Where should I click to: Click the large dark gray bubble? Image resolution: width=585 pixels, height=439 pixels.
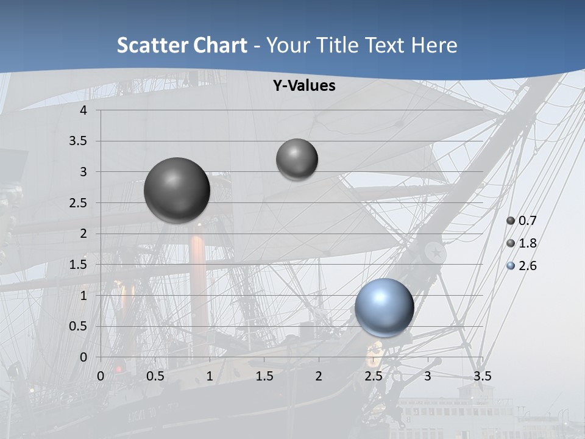coord(177,190)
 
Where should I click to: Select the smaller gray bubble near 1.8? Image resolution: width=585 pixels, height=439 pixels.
coord(297,159)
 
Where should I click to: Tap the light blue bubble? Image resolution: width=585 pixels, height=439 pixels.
coord(384,307)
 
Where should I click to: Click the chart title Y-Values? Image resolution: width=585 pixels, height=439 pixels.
coord(303,86)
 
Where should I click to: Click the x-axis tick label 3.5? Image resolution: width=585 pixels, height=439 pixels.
coord(482,376)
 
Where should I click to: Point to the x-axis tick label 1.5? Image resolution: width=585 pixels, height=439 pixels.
coord(264,376)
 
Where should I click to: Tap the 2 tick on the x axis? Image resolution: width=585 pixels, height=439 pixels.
coord(319,376)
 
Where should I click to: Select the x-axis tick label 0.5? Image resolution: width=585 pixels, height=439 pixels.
coord(155,376)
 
